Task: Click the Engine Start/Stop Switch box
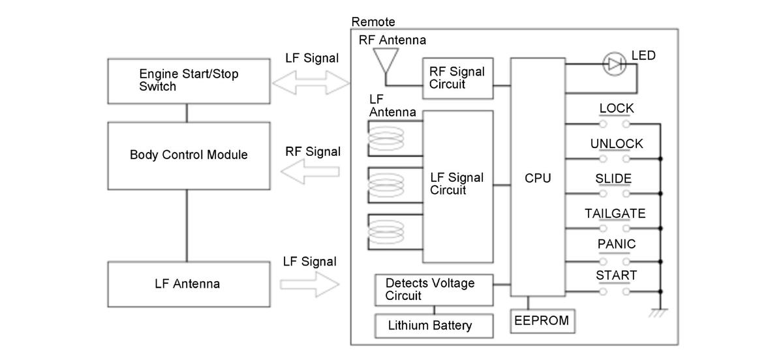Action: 189,81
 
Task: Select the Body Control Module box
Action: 189,156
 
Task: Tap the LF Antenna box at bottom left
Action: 189,284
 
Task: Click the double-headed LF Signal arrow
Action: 311,83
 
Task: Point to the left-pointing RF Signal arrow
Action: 310,172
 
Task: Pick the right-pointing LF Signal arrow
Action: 310,284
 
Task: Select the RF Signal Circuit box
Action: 458,78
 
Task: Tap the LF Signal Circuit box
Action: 458,187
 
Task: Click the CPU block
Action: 538,177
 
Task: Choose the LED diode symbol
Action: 615,64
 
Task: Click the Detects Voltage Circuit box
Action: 434,290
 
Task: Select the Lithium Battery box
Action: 434,325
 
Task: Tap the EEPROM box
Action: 542,321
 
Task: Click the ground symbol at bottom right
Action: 659,313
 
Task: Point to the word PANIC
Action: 617,244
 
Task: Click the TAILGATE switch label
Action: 615,213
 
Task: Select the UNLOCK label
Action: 617,143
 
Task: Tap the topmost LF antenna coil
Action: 386,138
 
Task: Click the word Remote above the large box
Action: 373,22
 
